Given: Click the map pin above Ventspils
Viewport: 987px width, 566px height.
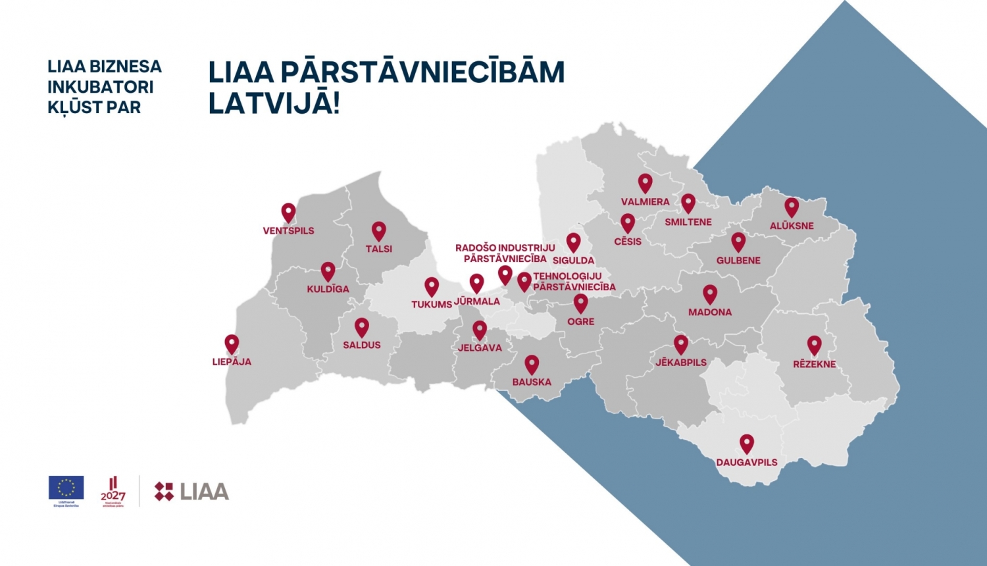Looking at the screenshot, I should pyautogui.click(x=288, y=212).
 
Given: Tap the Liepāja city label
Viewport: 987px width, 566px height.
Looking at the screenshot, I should pyautogui.click(x=232, y=362).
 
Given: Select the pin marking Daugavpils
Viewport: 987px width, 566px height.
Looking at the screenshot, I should pyautogui.click(x=746, y=443).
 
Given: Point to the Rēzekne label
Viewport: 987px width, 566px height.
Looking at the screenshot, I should pyautogui.click(x=815, y=364).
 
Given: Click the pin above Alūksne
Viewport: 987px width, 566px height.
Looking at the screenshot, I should pyautogui.click(x=792, y=207).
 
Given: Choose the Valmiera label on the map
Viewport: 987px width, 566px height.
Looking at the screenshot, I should pyautogui.click(x=645, y=202).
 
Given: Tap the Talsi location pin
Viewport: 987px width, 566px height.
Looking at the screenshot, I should pyautogui.click(x=378, y=230).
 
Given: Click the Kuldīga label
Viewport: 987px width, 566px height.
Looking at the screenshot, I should pyautogui.click(x=328, y=289).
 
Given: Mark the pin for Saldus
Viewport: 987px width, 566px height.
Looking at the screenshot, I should pyautogui.click(x=362, y=326).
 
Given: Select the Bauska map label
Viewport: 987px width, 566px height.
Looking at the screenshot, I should pyautogui.click(x=532, y=382).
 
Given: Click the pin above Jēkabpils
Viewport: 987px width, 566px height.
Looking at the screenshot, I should pyautogui.click(x=681, y=344).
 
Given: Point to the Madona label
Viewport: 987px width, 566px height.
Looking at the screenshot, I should pyautogui.click(x=710, y=313).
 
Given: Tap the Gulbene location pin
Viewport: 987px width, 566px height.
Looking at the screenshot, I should pyautogui.click(x=738, y=242).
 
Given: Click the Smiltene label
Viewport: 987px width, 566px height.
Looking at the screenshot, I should pyautogui.click(x=688, y=222).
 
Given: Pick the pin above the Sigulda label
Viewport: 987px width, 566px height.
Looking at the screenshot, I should pyautogui.click(x=574, y=242).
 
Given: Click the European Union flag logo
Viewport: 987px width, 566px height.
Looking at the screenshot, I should pyautogui.click(x=66, y=488).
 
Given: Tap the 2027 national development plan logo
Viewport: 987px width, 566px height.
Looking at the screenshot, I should pyautogui.click(x=113, y=491).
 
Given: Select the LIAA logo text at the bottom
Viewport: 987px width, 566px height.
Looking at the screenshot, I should pyautogui.click(x=204, y=492).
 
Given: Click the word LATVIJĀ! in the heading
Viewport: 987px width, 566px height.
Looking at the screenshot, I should pyautogui.click(x=274, y=104).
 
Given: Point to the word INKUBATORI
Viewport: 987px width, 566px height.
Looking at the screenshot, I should pyautogui.click(x=100, y=87).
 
